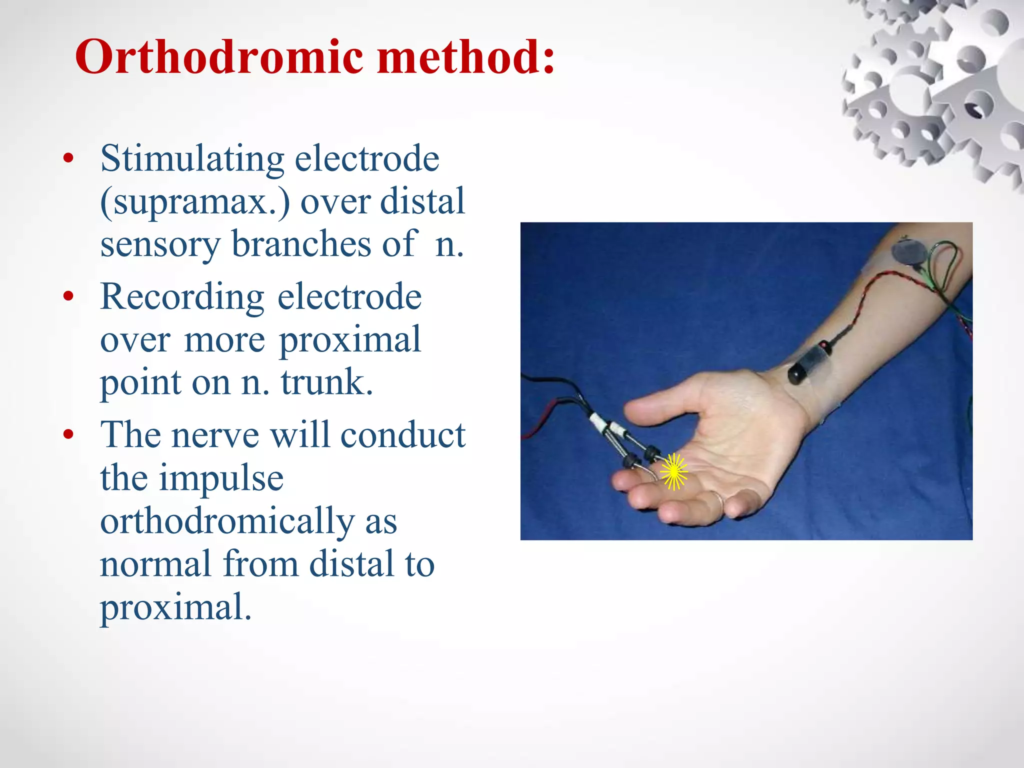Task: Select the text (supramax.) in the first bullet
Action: coord(195,202)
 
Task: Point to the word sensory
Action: coord(160,244)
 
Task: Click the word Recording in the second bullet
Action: coord(182,297)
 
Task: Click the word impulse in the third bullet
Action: coord(221,478)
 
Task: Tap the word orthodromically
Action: coord(227,521)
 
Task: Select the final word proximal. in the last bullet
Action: coord(175,607)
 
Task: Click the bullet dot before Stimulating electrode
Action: coord(68,159)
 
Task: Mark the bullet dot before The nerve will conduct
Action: coord(68,434)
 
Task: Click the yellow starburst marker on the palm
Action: coord(673,471)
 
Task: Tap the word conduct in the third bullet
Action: coord(403,434)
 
